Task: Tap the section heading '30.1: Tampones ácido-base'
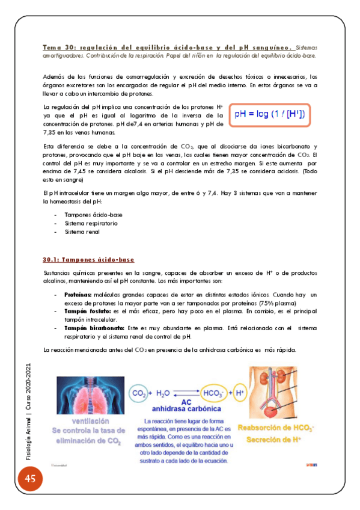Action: (x=88, y=259)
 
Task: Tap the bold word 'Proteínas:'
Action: (x=78, y=295)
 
